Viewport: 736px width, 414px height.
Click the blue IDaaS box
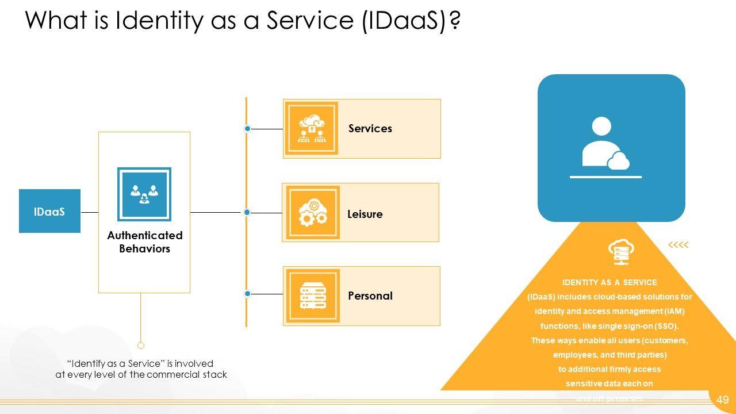(49, 211)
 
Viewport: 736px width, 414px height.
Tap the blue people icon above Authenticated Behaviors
(144, 194)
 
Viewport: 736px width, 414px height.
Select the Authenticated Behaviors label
(144, 242)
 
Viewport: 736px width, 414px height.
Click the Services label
(370, 129)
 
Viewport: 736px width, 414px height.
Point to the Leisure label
(365, 214)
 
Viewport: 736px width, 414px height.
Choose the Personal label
(370, 296)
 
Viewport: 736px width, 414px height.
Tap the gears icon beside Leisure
(313, 213)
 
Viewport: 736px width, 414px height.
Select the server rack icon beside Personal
(313, 296)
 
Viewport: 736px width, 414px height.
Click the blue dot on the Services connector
(248, 129)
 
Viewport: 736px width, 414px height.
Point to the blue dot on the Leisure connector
(247, 213)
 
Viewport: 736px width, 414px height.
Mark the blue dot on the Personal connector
(248, 294)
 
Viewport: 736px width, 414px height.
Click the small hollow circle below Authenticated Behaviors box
(141, 346)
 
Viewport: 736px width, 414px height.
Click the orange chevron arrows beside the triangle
(678, 246)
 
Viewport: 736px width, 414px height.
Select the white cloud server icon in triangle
(620, 251)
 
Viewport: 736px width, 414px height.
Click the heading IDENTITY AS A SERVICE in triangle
(609, 283)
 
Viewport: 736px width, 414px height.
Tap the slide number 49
(723, 400)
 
